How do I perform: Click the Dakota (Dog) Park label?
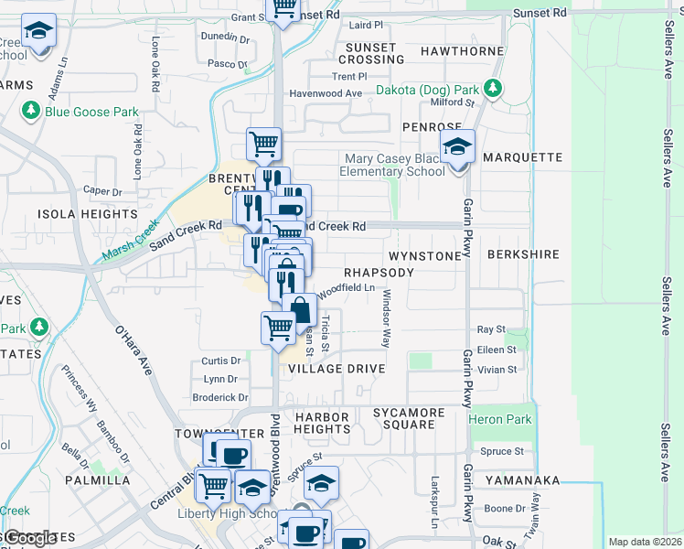click(x=427, y=91)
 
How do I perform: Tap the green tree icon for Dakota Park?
click(x=494, y=88)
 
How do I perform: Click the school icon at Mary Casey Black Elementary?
click(x=458, y=146)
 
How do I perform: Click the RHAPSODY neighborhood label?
click(x=379, y=273)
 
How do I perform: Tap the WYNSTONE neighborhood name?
click(x=425, y=256)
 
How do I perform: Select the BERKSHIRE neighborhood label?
click(x=524, y=255)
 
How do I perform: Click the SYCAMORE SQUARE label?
click(x=409, y=419)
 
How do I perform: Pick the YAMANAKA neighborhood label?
click(x=522, y=479)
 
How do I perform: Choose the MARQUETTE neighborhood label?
click(x=522, y=157)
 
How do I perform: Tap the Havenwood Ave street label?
click(x=326, y=93)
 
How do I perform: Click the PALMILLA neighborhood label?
click(x=96, y=479)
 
